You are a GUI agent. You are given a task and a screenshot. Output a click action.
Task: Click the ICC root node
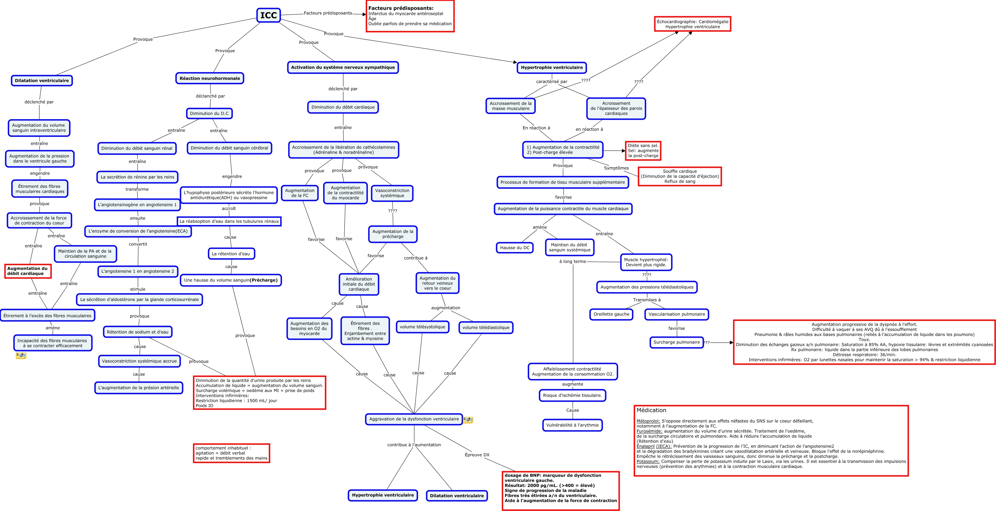[x=268, y=15]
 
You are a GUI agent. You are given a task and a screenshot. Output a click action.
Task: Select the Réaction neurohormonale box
[x=209, y=79]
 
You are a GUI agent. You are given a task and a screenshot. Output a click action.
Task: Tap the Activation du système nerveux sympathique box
[x=343, y=67]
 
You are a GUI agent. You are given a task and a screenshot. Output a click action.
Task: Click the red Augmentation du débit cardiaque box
[x=27, y=271]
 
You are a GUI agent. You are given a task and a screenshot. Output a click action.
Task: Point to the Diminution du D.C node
[x=209, y=113]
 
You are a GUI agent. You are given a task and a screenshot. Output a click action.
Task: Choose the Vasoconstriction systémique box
[x=392, y=193]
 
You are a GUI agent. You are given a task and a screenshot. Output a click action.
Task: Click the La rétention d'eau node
[x=231, y=254]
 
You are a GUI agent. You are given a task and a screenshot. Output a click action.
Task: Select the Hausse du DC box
[x=515, y=248]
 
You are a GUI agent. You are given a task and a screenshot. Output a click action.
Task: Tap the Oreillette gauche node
[x=611, y=314]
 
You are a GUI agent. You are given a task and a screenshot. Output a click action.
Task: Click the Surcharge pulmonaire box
[x=676, y=342]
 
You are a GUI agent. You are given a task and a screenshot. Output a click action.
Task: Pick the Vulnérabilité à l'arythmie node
[x=572, y=425]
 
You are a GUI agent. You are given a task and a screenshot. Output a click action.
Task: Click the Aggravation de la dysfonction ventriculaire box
[x=414, y=419]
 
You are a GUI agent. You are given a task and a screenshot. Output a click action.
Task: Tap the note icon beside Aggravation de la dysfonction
[x=468, y=420]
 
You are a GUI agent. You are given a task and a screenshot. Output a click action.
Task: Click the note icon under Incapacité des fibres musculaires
[x=21, y=356]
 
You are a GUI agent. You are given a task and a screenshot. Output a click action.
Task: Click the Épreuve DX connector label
[x=477, y=455]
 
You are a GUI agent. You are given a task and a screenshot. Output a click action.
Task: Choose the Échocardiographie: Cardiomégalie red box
[x=692, y=24]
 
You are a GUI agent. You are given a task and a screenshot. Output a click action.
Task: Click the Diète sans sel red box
[x=643, y=151]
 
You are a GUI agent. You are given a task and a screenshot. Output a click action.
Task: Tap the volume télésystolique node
[x=422, y=327]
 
